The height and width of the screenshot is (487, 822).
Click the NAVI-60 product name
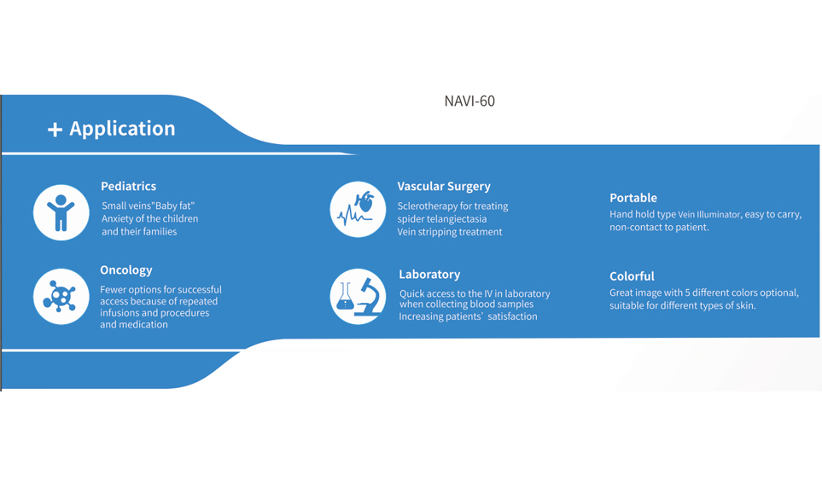469,101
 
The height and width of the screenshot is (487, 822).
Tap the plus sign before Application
55,130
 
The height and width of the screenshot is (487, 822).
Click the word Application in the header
122,129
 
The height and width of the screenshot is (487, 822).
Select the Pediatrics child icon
61,212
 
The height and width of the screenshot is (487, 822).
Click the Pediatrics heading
128,187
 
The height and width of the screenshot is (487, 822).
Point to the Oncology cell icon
61,297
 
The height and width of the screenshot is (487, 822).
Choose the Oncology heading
126,270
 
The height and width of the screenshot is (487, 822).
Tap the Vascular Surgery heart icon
358,210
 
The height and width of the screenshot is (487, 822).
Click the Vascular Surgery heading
444,187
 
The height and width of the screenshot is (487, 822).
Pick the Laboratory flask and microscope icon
358,297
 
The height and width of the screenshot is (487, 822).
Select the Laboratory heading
429,275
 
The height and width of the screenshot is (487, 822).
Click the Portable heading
633,198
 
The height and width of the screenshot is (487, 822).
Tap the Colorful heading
632,276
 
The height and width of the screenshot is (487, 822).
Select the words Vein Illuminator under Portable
709,215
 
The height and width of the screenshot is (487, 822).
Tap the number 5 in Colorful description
688,293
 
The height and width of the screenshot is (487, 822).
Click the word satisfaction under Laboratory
512,316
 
